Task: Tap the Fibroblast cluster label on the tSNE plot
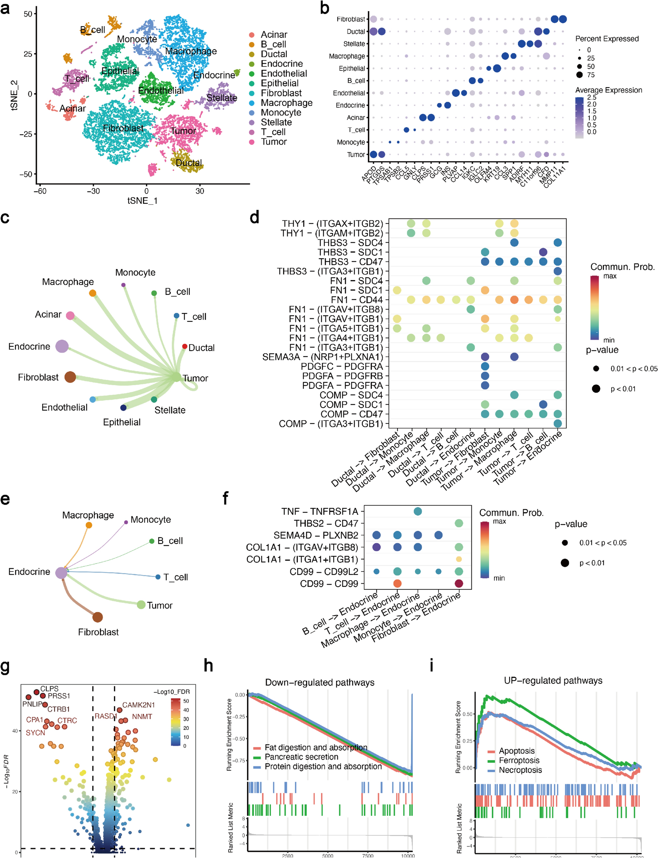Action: tap(123, 128)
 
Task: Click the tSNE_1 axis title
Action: tap(142, 201)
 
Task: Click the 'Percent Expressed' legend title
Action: tap(607, 39)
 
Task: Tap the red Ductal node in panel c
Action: tap(184, 346)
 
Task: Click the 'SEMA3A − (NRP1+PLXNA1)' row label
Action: tap(322, 357)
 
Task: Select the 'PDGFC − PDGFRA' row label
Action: tap(342, 367)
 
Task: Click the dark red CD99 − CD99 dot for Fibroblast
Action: tap(459, 583)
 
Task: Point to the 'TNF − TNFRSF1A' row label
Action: tap(320, 511)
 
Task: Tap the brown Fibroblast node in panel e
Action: tap(98, 617)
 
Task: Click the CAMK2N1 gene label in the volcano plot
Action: tap(139, 705)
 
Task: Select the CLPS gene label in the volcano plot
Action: tap(49, 688)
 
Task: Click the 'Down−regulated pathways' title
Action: tap(320, 683)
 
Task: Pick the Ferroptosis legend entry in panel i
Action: tap(519, 760)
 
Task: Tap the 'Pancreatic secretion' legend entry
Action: tap(301, 757)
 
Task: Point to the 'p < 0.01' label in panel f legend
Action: tap(592, 563)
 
